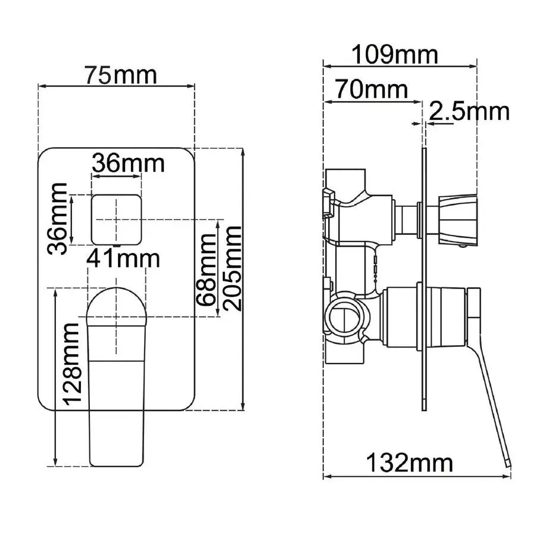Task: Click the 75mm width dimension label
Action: (120, 75)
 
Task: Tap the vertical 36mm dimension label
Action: (58, 219)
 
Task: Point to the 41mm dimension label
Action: (123, 258)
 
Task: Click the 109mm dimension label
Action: (394, 55)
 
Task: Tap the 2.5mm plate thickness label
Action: (469, 111)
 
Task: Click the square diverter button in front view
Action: (117, 219)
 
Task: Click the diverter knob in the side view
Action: (459, 219)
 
